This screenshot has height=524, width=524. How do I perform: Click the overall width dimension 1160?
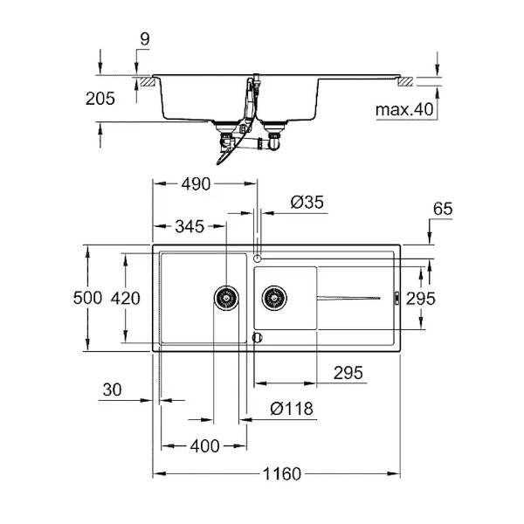pos(282,474)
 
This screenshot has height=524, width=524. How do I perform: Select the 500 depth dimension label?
pos(87,298)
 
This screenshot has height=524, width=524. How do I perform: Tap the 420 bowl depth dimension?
pos(125,299)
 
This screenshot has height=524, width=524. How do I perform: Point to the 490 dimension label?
pos(196,183)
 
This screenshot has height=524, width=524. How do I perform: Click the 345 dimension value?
pos(190,226)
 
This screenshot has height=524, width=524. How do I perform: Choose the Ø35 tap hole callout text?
pos(307,203)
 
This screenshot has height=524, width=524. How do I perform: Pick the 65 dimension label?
pos(443,209)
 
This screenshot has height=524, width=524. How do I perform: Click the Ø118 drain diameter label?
pos(292,409)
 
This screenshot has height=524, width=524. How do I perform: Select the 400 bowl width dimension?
pos(204,446)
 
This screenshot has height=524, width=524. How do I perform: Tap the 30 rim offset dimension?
pos(113,390)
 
